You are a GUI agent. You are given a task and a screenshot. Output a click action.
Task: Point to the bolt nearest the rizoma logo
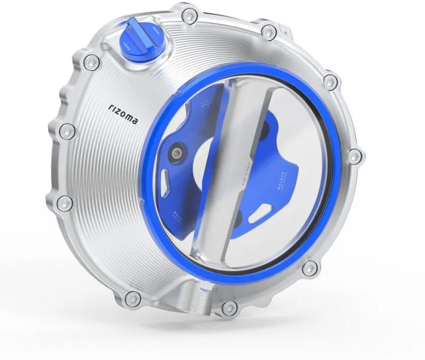point(66,131)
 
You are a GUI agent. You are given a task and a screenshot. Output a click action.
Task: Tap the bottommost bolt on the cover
point(229,306)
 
